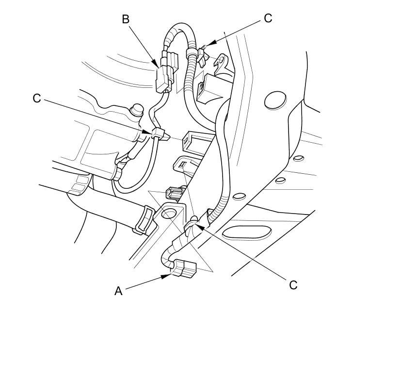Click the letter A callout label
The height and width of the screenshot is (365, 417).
point(118,291)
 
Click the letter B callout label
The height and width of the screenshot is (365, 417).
point(126,19)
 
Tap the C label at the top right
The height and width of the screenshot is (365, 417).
point(268,18)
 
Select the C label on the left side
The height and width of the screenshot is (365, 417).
point(37,98)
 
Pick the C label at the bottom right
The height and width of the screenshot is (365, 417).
point(293,285)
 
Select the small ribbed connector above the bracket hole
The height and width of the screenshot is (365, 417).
point(173,193)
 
